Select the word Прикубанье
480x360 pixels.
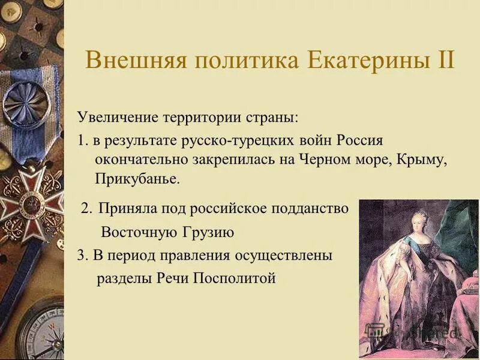[x=136, y=179]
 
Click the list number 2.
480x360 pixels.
[x=86, y=208]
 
